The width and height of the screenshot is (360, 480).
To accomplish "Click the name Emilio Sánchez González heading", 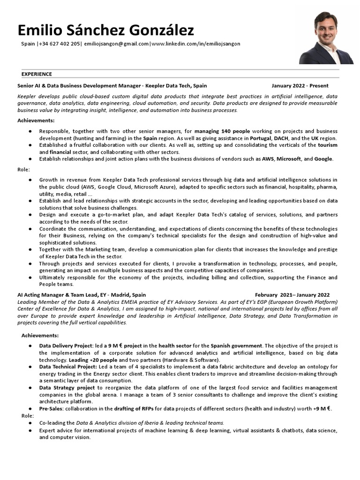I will tap(105, 30).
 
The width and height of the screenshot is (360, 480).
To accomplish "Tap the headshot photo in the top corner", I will tap(326, 38).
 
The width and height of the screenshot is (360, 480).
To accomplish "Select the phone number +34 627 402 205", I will tap(60, 44).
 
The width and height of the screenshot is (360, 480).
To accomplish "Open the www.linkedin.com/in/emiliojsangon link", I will tap(195, 44).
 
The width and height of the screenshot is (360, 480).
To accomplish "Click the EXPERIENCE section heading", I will tap(37, 74).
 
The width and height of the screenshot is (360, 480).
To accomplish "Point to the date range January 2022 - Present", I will tap(300, 86).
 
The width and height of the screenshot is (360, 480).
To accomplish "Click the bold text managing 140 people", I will tap(222, 131).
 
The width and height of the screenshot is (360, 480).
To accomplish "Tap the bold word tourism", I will tap(328, 145).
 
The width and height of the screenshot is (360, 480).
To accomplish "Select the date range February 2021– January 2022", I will tap(295, 295).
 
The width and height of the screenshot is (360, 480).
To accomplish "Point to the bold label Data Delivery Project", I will tap(65, 345).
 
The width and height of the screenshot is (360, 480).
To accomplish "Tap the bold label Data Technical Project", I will tap(67, 367).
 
